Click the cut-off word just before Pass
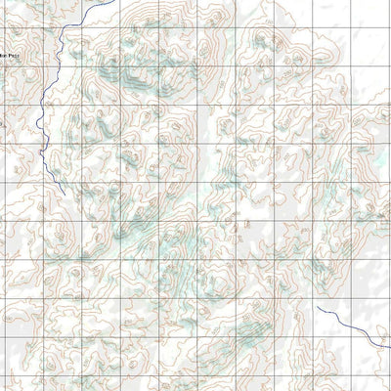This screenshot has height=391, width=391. tap(3, 57)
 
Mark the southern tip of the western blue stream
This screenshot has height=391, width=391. tap(61, 188)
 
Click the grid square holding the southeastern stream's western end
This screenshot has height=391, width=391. tap(332, 318)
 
